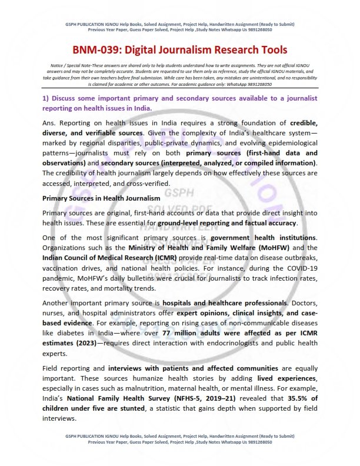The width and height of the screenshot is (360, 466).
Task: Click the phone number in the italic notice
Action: (278, 84)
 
